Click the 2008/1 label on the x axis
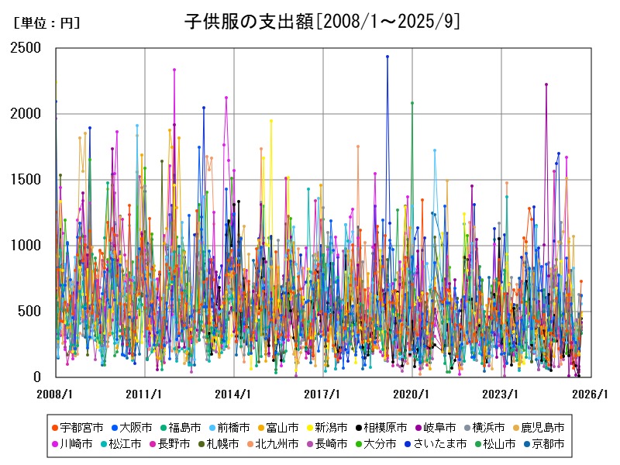pos(56,394)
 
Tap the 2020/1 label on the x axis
pos(412,394)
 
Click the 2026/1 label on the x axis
pos(591,394)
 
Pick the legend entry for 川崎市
pos(74,444)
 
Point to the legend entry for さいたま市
pos(437,444)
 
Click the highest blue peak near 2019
pos(387,57)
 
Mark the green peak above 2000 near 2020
pos(412,103)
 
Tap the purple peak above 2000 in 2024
pos(546,84)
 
